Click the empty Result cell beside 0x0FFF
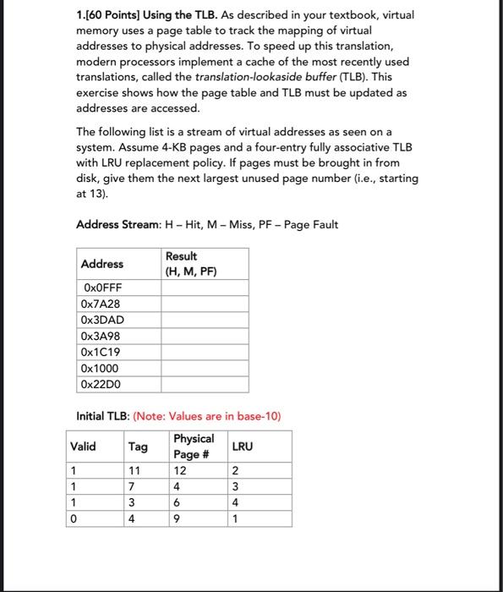[205, 288]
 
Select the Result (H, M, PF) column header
[191, 264]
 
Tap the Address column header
[101, 264]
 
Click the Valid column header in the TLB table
[83, 446]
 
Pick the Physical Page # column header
[193, 446]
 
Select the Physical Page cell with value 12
[179, 470]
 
